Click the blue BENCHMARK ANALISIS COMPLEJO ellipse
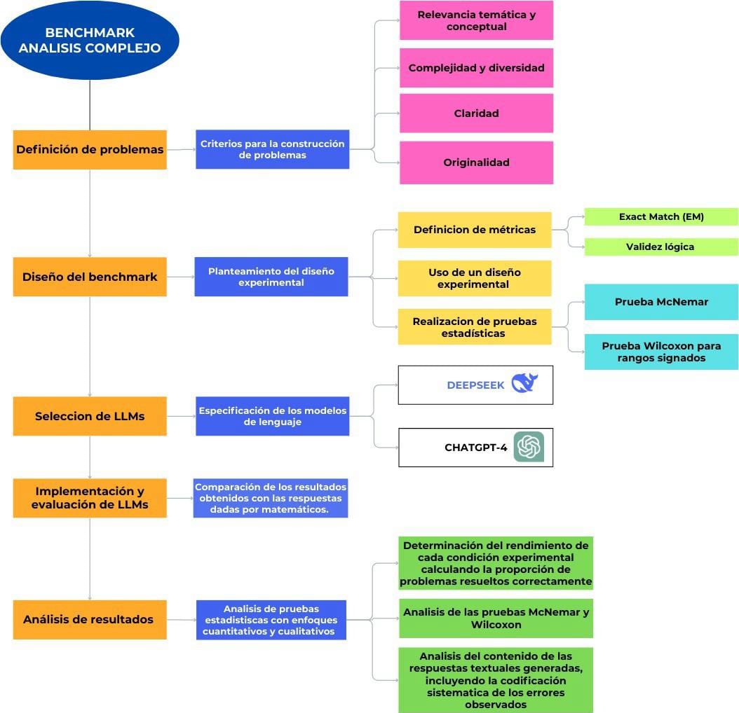tap(90, 41)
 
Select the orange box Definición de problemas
tap(90, 149)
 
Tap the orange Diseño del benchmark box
tap(90, 277)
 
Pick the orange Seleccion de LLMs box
tap(90, 416)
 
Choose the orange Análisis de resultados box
tap(90, 619)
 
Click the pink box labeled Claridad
tap(476, 113)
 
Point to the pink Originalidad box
tap(476, 162)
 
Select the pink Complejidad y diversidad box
tap(476, 68)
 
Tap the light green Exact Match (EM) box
tap(661, 217)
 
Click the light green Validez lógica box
tap(661, 247)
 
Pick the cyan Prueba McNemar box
tap(661, 302)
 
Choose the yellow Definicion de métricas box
tap(475, 230)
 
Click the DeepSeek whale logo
tap(524, 383)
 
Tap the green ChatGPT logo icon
tap(529, 447)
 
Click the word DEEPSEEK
tap(475, 385)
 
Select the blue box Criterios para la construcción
tap(272, 149)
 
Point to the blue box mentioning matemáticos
tap(271, 498)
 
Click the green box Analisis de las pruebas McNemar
tap(496, 618)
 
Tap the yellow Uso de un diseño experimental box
tap(475, 278)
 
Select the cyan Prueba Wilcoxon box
tap(661, 352)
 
